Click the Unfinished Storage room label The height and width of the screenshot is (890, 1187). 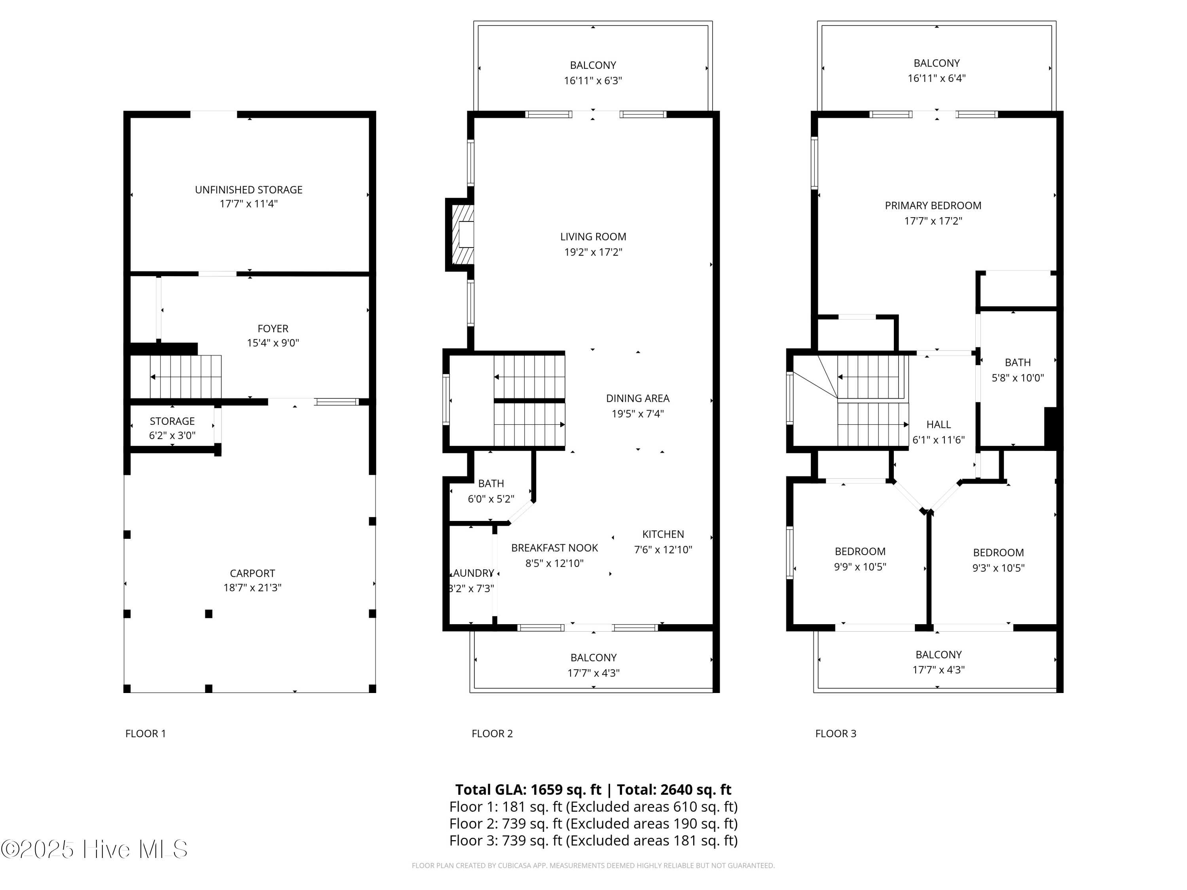(248, 190)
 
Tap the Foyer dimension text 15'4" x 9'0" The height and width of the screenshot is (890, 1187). (273, 343)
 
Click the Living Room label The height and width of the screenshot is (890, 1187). (593, 237)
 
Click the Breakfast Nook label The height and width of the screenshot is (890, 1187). (554, 548)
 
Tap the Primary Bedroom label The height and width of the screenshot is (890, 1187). (933, 205)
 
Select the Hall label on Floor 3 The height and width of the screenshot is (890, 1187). (938, 424)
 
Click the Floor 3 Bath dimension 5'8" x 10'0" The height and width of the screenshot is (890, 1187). (1017, 378)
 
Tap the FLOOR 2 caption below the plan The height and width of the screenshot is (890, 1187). (492, 733)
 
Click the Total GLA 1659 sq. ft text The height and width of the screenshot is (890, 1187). (528, 790)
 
